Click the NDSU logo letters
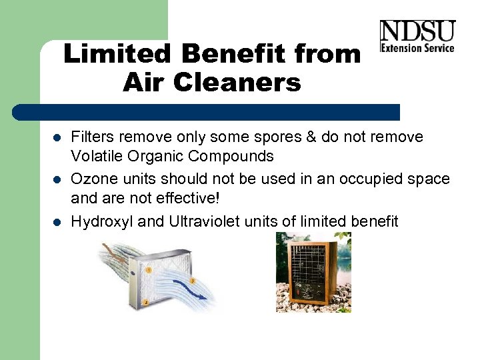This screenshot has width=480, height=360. pyautogui.click(x=417, y=31)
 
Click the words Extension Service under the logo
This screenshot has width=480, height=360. pyautogui.click(x=417, y=47)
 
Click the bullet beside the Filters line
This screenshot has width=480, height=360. pyautogui.click(x=57, y=138)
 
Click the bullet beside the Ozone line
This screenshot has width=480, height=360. pyautogui.click(x=57, y=180)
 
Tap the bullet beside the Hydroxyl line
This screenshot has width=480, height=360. pyautogui.click(x=57, y=222)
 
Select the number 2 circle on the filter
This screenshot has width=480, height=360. pyautogui.click(x=146, y=303)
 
